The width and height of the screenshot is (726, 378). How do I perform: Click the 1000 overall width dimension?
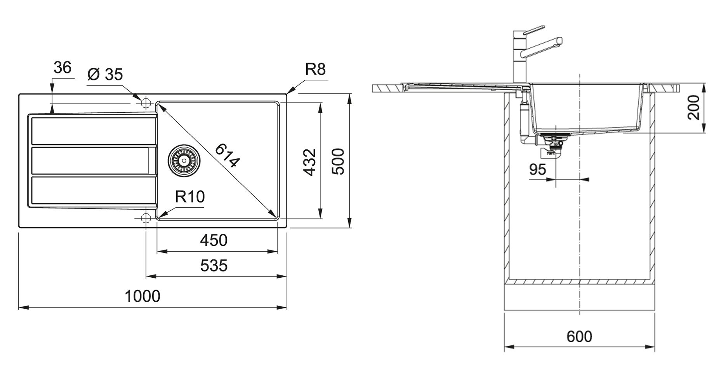142,296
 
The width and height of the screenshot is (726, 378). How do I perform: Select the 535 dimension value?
214,266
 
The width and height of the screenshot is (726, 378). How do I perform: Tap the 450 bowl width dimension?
214,240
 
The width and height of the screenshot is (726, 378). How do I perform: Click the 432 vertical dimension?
309,162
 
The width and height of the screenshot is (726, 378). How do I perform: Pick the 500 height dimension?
339,161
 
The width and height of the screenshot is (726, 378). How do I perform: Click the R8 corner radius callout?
315,69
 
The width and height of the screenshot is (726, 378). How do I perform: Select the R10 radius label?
189,197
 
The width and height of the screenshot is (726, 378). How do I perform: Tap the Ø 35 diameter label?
105,74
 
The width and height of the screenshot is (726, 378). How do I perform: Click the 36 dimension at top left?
63,68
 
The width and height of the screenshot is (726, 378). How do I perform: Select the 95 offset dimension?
537,170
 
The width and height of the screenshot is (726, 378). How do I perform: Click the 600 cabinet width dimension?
579,336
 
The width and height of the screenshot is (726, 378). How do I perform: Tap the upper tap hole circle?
146,103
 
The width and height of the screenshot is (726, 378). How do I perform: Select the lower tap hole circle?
146,218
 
